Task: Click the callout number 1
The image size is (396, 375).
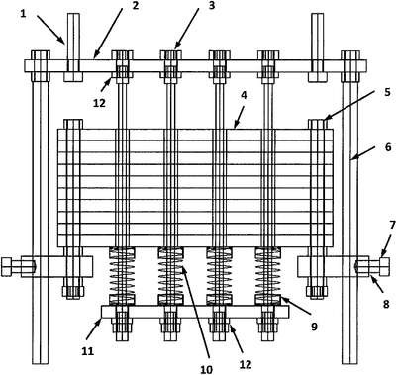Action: [x=23, y=14]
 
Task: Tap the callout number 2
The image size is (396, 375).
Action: [x=135, y=6]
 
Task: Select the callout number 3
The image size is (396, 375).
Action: [x=210, y=6]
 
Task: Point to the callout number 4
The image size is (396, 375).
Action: [x=244, y=95]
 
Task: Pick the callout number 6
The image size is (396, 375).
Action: [x=388, y=146]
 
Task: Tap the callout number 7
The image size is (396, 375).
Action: [x=392, y=226]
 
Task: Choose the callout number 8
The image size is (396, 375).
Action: [x=386, y=304]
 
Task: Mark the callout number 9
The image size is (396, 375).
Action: [x=314, y=327]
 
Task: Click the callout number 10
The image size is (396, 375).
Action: [x=206, y=370]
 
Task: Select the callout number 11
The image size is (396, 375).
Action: [x=87, y=350]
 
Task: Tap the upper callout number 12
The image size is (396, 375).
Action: [x=99, y=103]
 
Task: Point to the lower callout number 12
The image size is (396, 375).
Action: [x=246, y=364]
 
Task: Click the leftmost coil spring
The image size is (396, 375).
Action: [x=122, y=276]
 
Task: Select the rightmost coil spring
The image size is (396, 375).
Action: [x=268, y=276]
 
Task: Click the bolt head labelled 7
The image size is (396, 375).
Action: [x=385, y=267]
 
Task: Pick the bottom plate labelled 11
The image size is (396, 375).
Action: [x=195, y=312]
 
